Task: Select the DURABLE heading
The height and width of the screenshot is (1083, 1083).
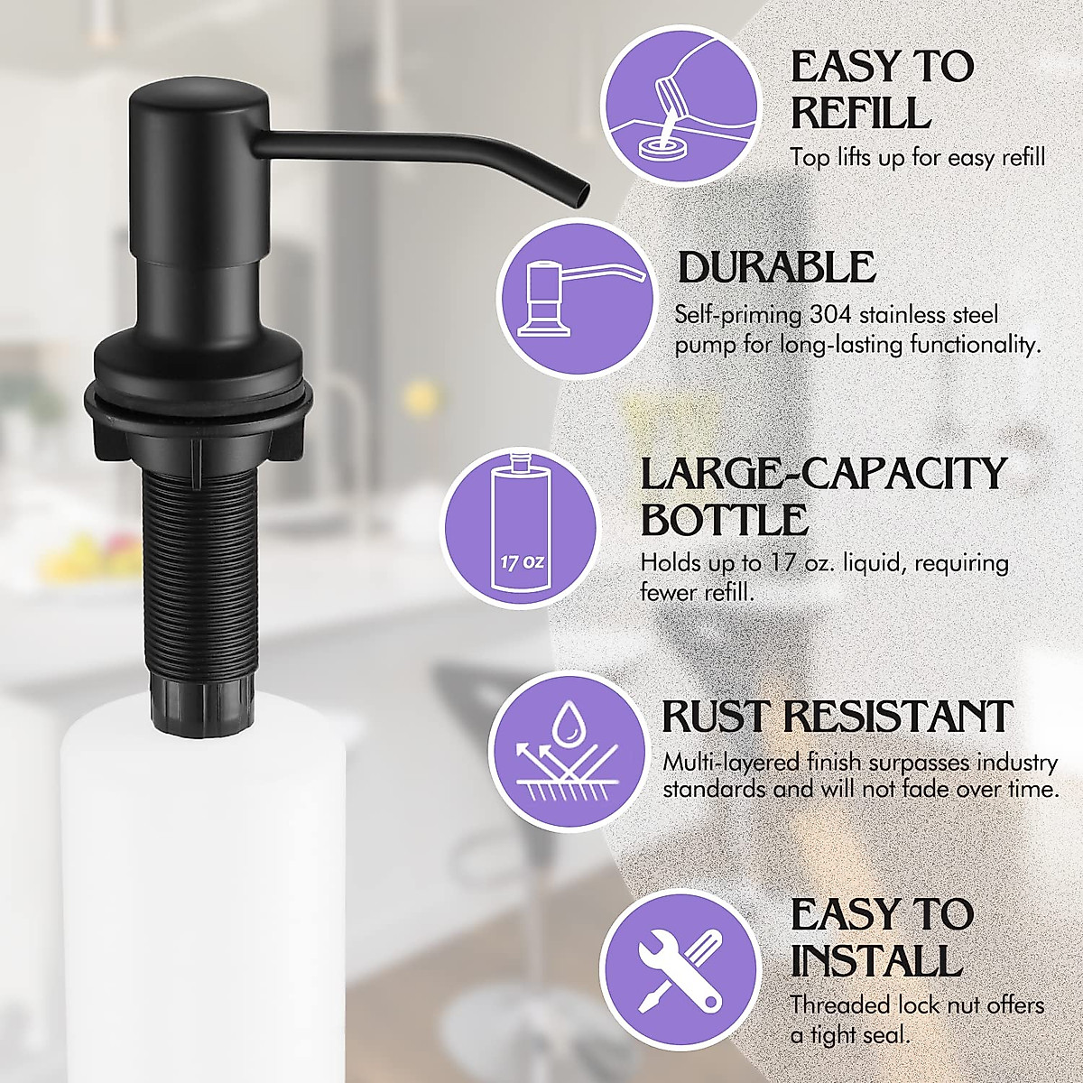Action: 776,267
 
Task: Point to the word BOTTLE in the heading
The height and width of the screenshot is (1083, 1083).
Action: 724,520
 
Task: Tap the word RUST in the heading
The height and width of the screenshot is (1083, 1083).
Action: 717,716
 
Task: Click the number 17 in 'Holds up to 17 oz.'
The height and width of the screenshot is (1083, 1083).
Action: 786,563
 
